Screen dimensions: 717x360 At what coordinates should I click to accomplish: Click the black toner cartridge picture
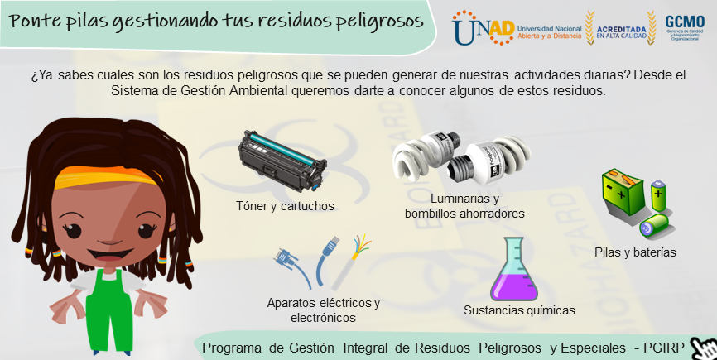(282, 160)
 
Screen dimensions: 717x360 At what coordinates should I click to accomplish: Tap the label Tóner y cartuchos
(285, 206)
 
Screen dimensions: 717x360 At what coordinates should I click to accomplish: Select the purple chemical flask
(513, 269)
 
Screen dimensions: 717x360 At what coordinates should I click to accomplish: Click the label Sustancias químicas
(519, 310)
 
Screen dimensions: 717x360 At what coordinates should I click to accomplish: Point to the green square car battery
(623, 192)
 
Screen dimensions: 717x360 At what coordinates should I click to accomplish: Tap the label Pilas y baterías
(635, 252)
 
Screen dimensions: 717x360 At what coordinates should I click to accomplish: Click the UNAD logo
(483, 28)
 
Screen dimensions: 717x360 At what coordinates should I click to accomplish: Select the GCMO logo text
(685, 22)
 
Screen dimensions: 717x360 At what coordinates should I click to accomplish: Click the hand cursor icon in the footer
(703, 349)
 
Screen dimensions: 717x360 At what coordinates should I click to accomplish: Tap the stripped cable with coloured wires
(350, 262)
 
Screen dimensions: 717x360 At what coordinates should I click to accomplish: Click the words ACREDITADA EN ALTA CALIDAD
(622, 32)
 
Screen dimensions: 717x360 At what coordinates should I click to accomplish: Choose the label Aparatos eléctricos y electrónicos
(323, 310)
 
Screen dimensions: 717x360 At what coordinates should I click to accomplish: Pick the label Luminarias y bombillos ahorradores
(464, 206)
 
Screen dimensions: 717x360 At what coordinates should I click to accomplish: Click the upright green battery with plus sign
(658, 195)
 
